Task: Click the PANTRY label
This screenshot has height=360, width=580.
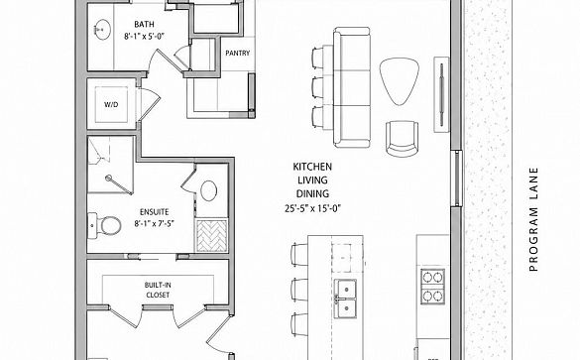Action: (238, 54)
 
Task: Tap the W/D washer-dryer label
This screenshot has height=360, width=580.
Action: (111, 105)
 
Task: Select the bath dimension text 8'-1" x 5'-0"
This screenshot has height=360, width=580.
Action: (145, 37)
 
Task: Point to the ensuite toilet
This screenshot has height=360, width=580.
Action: (105, 225)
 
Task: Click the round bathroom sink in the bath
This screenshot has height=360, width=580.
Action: (102, 30)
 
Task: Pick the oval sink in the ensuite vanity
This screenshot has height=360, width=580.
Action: (208, 191)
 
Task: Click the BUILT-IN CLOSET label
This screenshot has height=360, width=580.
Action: (158, 290)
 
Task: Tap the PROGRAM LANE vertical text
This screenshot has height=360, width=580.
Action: (533, 219)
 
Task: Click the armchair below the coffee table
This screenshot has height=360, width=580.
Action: (403, 138)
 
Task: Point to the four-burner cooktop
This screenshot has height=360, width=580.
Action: (432, 287)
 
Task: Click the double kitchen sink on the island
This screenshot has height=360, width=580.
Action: (345, 299)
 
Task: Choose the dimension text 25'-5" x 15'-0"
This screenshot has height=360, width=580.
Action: (312, 208)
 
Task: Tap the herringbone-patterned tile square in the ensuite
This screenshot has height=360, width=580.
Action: (211, 235)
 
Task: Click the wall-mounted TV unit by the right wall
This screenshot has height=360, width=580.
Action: (441, 94)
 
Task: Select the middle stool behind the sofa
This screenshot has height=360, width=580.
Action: (319, 87)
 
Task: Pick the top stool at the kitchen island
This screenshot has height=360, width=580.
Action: (299, 254)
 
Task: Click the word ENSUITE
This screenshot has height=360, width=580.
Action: (155, 212)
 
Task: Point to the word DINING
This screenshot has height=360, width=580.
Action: (312, 193)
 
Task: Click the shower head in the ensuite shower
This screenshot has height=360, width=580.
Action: (108, 178)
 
